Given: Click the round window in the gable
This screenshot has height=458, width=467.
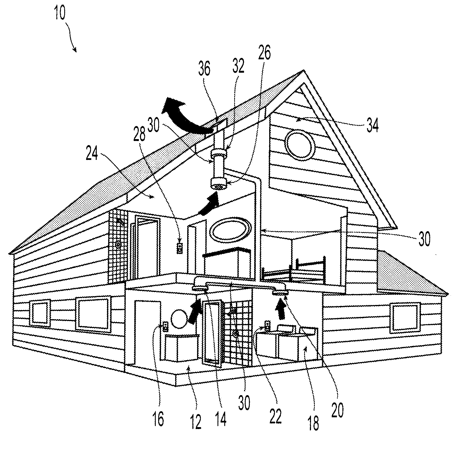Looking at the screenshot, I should pos(300,144).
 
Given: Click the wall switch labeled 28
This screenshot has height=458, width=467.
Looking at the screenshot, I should pos(180,248).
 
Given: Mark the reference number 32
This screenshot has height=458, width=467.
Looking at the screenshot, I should pos(238,66).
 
